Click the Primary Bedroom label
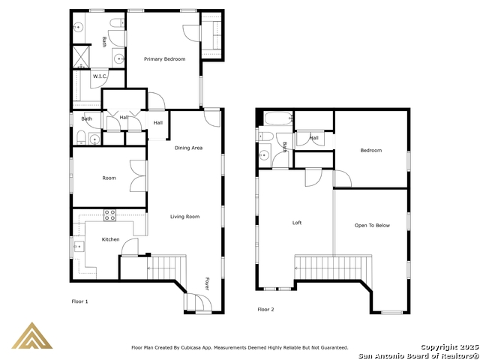pos(165,59)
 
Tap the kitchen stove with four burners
pos(109,215)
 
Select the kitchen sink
pos(79,247)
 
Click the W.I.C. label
pos(100,76)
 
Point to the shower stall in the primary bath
pos(81,57)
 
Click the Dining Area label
pos(188,148)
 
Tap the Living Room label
pos(185,217)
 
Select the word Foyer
pos(207,283)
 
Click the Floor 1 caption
pos(79,301)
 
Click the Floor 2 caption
pos(265,310)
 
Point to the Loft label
pos(297,223)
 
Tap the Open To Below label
pos(372,226)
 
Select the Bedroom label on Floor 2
pos(371,151)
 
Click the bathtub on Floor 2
pos(278,118)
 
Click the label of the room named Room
pos(109,178)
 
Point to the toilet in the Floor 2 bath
pos(266,136)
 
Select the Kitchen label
pos(110,240)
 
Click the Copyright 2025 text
pos(449,347)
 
